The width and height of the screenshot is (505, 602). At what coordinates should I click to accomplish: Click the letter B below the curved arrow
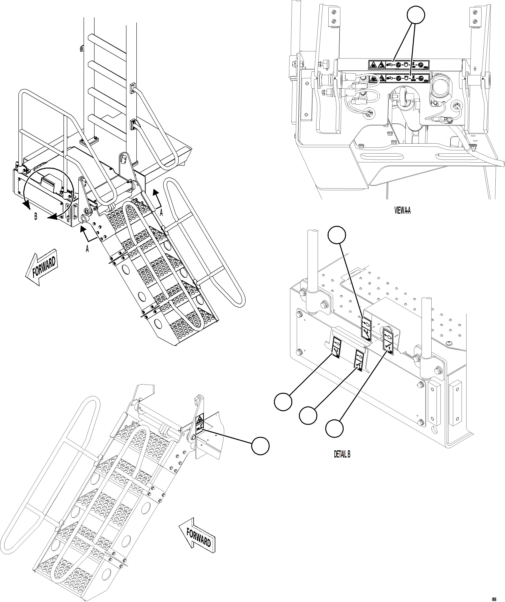click(x=36, y=217)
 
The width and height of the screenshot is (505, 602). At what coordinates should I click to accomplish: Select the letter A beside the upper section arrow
click(x=161, y=212)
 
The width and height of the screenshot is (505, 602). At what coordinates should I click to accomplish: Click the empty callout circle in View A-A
click(x=416, y=15)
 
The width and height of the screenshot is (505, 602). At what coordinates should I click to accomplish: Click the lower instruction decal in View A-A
click(x=399, y=78)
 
